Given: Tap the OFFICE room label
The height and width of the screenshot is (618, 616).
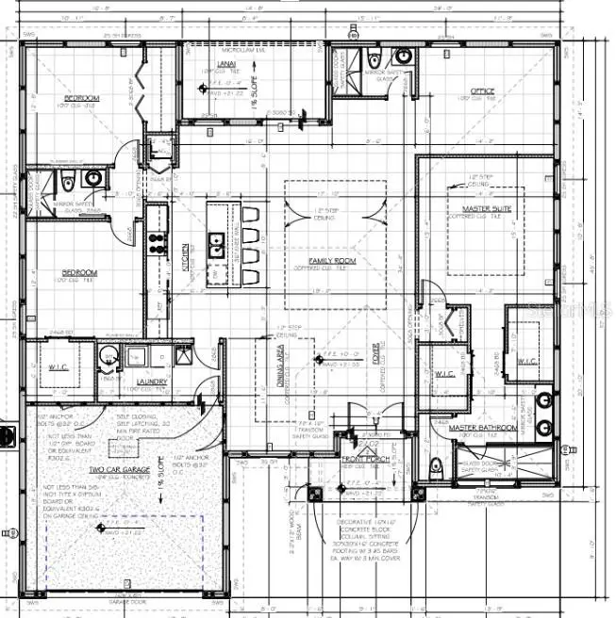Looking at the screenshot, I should (x=482, y=91).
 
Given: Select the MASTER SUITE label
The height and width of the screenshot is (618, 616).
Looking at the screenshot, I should (x=486, y=208).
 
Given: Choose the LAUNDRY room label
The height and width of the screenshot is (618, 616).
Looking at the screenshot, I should (x=152, y=382).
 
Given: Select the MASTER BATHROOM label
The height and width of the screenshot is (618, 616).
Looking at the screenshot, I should (x=482, y=428).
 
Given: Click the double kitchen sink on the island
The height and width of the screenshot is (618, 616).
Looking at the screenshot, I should (x=217, y=248).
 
